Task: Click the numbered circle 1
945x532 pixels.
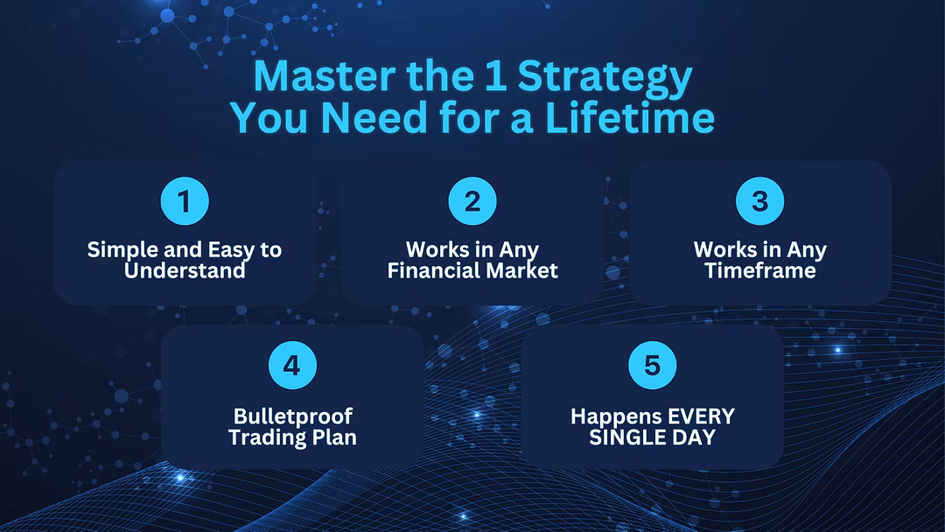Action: (x=185, y=201)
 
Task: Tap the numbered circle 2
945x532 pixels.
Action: (x=472, y=201)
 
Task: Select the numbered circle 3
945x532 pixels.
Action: (x=760, y=201)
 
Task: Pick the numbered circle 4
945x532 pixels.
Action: (x=292, y=365)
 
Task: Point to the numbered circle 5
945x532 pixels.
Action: (x=652, y=365)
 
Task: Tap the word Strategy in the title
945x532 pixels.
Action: (x=605, y=80)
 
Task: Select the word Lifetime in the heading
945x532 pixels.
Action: (x=630, y=117)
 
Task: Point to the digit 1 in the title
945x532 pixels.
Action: (x=498, y=76)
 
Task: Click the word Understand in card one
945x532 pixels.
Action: (x=185, y=270)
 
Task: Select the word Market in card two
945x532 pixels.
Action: (x=521, y=270)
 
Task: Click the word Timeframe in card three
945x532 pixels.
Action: (x=760, y=270)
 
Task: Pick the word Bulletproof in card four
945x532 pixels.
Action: (x=293, y=417)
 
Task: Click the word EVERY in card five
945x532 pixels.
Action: (x=701, y=416)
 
